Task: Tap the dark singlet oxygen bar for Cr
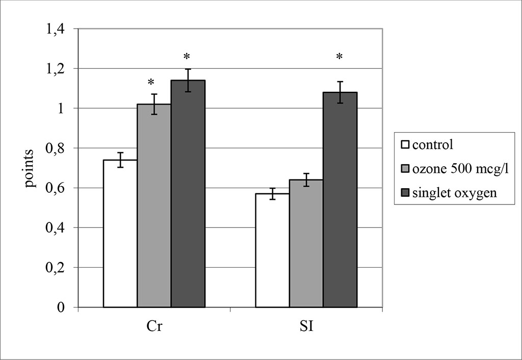tap(188, 194)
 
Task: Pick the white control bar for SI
tap(272, 250)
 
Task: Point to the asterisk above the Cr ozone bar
tap(151, 83)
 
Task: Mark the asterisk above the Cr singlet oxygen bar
tap(187, 57)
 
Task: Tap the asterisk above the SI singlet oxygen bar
tap(340, 57)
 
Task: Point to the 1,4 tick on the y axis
tap(56, 29)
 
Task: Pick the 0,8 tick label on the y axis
tap(56, 148)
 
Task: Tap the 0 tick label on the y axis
tap(61, 307)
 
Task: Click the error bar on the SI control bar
tap(272, 194)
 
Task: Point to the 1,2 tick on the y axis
tap(56, 69)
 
